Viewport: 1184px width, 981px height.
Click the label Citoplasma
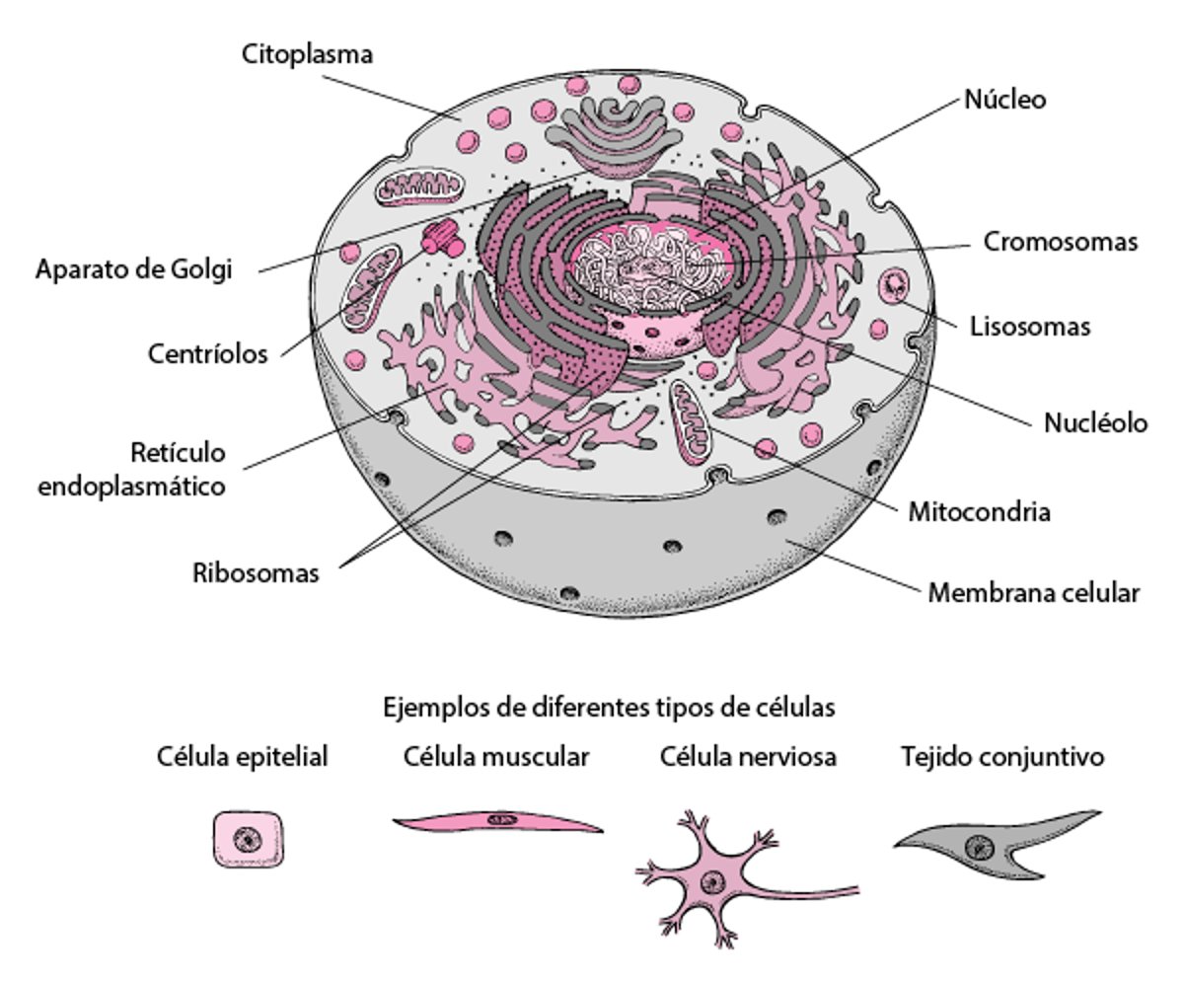point(308,54)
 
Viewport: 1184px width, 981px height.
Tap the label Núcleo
point(1004,100)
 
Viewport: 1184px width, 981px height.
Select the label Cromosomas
point(1061,242)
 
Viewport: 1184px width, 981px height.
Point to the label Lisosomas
point(1030,327)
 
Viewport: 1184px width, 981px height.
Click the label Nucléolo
point(1096,423)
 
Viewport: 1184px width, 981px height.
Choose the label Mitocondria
point(979,512)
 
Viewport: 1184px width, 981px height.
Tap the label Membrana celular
point(1034,593)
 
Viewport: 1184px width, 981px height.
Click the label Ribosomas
point(256,572)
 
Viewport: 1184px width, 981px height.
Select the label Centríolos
point(208,353)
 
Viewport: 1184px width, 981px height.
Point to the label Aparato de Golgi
point(134,268)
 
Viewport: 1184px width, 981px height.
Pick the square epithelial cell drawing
point(250,840)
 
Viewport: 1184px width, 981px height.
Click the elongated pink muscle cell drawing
point(498,821)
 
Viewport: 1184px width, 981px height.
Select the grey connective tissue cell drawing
point(997,843)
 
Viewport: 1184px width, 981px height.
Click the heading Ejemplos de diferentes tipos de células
point(609,708)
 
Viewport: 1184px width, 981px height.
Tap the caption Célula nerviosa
point(748,757)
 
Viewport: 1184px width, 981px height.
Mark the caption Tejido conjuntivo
point(1001,757)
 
